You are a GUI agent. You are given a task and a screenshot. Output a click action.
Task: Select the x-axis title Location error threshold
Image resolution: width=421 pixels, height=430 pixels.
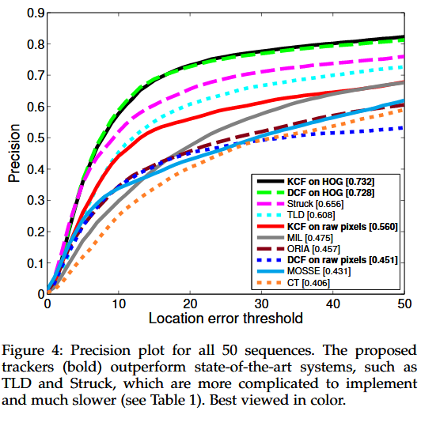tap(226, 319)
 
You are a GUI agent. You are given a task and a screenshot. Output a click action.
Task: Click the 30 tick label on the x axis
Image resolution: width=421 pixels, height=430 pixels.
tap(261, 304)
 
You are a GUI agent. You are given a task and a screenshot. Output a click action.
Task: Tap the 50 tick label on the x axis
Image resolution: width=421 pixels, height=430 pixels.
tap(404, 304)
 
